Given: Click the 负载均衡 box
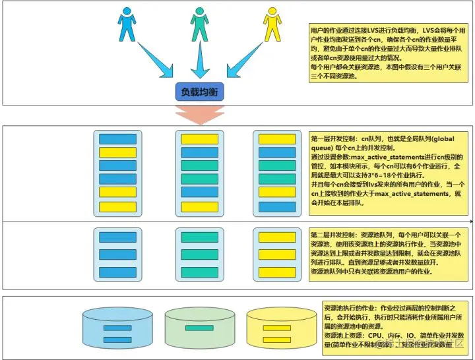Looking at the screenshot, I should point(199,92).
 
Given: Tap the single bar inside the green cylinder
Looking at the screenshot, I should point(199,328).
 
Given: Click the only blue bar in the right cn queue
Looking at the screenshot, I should point(277,207).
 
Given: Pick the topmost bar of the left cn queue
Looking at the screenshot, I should point(117,139).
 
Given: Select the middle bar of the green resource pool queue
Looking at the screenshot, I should point(199,255).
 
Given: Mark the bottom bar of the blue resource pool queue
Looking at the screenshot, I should point(117,272).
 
